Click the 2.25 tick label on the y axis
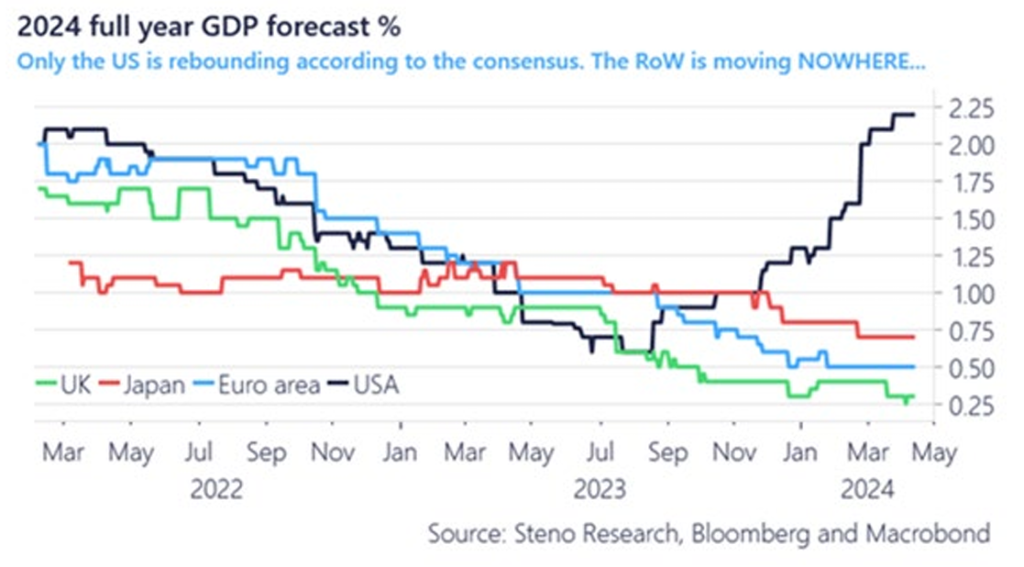970,108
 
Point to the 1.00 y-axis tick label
970,294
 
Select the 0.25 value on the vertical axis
970,405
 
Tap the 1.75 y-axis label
970,183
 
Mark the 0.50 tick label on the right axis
970,368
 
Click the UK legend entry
73,384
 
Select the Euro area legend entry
268,384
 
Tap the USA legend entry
376,384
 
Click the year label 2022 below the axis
216,491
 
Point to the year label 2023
600,491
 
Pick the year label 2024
867,491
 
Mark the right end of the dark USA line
914,115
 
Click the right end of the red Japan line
914,338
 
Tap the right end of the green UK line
914,396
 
